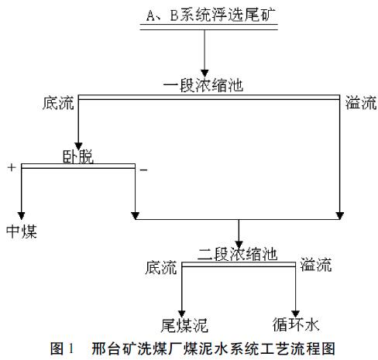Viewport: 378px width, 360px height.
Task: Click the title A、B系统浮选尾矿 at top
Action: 211,15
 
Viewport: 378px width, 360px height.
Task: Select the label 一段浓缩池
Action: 203,85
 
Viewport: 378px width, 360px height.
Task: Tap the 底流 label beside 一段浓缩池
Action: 58,103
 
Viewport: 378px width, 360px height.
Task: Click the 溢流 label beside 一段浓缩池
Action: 361,102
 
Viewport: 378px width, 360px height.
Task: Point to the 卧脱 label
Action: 78,156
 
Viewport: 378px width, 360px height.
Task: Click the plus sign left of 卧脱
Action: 12,167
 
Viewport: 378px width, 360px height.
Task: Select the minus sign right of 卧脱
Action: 143,170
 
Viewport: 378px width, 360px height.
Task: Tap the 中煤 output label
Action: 22,231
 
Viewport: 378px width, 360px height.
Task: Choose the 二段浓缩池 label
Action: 238,254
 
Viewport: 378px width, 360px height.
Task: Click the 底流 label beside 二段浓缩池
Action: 161,267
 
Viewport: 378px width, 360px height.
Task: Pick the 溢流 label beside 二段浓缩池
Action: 316,265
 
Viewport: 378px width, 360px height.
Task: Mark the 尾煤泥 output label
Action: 184,325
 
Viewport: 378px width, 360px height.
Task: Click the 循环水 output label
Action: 296,324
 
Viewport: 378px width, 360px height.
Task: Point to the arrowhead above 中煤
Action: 21,215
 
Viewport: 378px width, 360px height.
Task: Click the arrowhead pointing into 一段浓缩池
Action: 204,73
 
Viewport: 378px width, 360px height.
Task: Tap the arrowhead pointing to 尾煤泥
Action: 182,314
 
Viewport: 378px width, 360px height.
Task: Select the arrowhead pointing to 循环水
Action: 295,314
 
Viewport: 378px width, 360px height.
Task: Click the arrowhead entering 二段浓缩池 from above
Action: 239,244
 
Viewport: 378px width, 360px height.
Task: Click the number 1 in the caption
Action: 71,348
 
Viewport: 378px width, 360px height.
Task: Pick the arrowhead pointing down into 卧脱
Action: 78,146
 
